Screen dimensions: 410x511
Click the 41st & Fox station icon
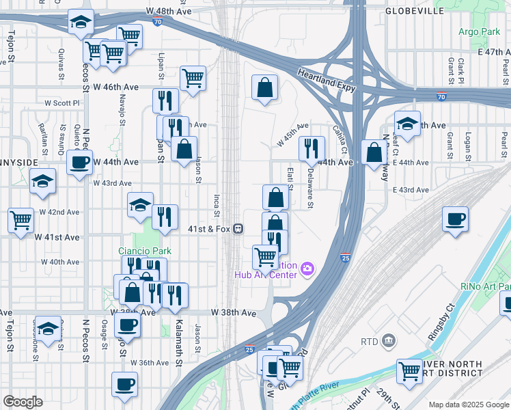(238, 229)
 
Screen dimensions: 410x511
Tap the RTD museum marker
(389, 340)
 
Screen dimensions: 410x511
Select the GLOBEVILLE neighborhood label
(414, 11)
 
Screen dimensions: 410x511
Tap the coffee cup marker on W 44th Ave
(79, 163)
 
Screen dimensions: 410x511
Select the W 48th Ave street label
(169, 12)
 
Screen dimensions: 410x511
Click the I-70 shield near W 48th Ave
(157, 22)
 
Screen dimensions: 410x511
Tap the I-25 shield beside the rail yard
(345, 258)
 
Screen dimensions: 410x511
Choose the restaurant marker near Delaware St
(312, 147)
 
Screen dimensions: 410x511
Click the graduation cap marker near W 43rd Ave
(42, 181)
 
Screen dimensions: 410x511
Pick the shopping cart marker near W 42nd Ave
(20, 220)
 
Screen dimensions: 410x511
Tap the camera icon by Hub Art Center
(307, 268)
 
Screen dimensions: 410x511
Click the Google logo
(23, 402)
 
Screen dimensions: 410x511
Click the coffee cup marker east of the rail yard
(455, 219)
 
